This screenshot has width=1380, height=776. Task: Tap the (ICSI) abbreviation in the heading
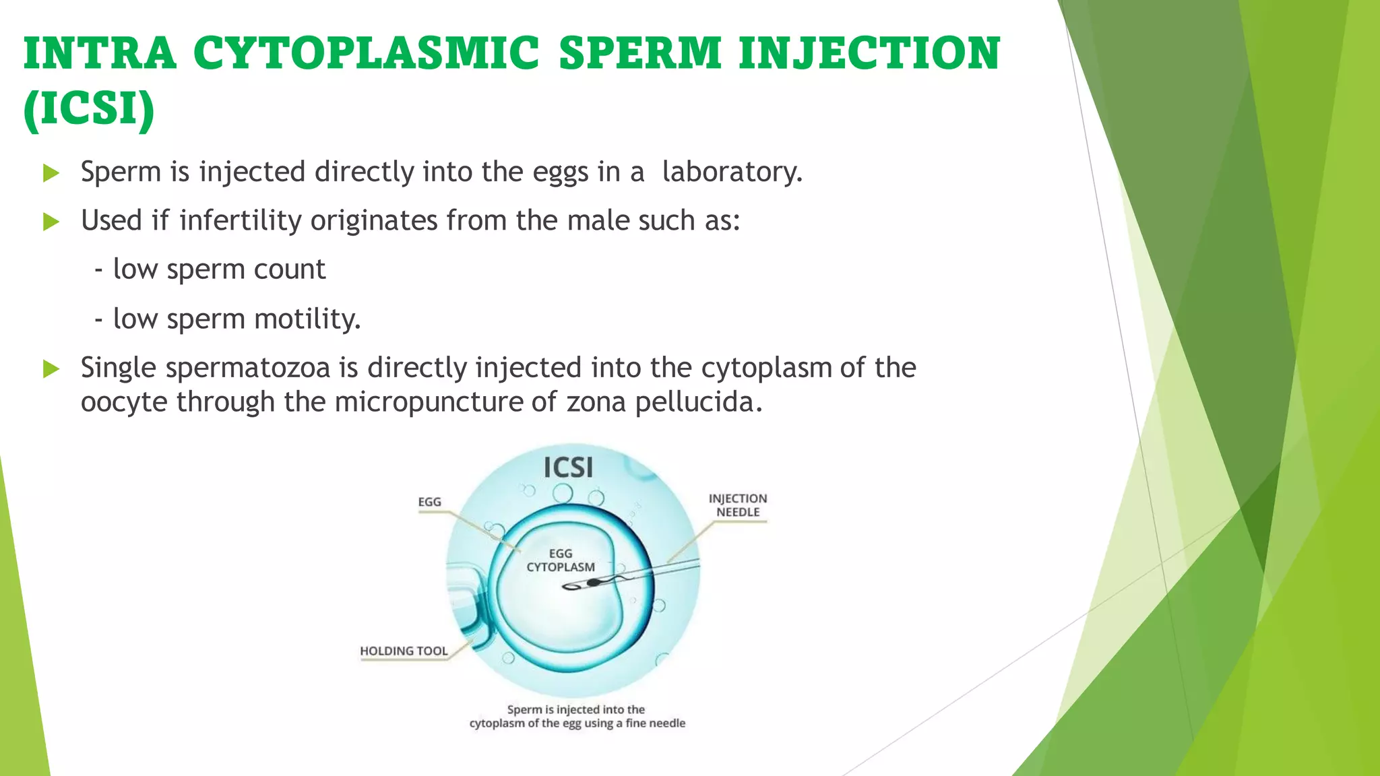[89, 108]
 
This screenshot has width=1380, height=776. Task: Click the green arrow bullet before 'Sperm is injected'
[51, 173]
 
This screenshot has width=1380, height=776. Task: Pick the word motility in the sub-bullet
[307, 319]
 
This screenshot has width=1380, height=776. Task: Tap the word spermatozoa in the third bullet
[247, 368]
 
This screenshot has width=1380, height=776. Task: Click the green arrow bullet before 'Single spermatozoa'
[51, 368]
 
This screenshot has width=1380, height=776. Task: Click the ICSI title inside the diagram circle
[568, 467]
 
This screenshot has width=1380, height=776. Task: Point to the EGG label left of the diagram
[429, 502]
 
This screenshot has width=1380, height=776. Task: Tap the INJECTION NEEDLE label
[737, 505]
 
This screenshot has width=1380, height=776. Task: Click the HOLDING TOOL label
[403, 651]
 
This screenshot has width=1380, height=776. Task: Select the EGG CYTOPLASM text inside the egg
[560, 560]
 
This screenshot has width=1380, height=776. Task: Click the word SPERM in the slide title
[639, 54]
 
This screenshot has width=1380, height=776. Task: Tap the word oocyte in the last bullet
[124, 402]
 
